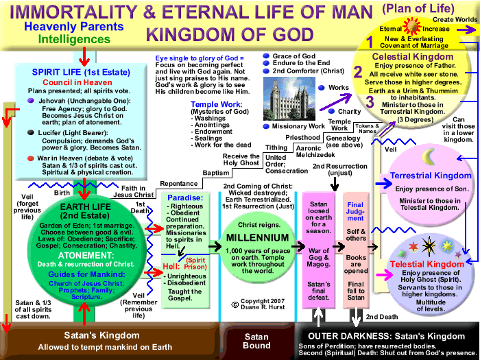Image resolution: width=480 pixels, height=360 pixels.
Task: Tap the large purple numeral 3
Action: click(x=371, y=102)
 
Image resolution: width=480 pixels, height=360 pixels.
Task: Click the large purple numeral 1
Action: click(x=370, y=40)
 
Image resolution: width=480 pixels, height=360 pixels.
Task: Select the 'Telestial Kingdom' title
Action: click(x=428, y=265)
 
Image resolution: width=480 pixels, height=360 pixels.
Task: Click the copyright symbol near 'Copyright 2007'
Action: click(x=235, y=303)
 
